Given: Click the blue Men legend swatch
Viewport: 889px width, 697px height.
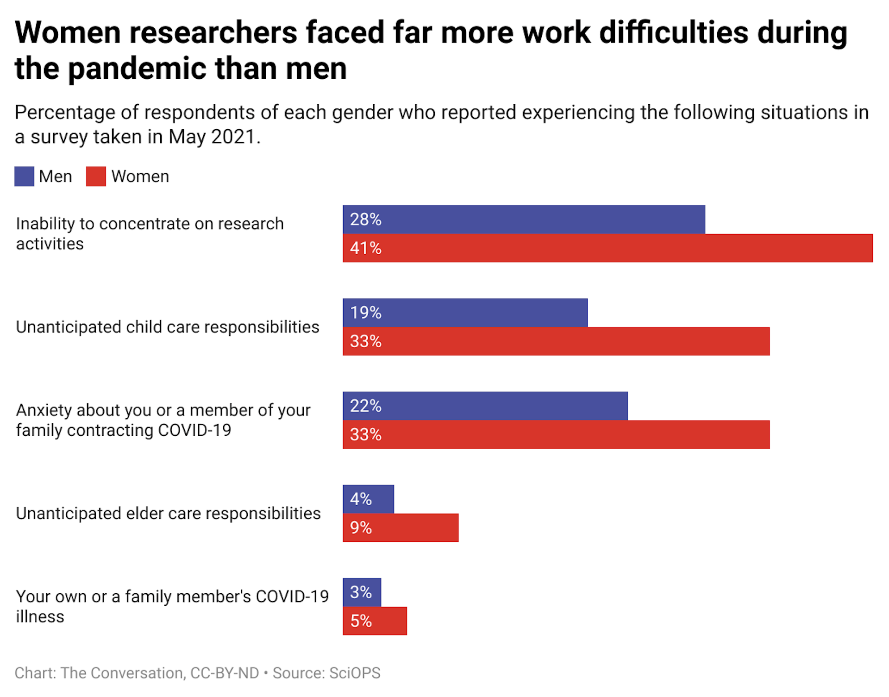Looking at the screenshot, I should pos(24,176).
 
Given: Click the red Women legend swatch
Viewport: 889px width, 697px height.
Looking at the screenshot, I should pos(96,176).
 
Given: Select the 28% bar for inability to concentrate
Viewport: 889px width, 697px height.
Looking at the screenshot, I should pos(523,220).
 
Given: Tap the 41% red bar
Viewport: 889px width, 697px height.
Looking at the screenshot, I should pos(607,248).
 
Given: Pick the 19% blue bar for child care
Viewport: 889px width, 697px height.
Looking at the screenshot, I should pos(465,313).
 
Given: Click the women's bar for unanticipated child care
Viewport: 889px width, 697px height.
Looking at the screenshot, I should pos(556,341).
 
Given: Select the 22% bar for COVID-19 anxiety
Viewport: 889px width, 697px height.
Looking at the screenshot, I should pos(485,406).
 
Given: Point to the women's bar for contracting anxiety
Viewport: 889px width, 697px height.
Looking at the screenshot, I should pos(556,434).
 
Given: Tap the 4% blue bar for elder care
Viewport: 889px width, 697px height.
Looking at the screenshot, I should pos(368,499).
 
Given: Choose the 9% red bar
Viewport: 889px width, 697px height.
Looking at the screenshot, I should pos(401,527).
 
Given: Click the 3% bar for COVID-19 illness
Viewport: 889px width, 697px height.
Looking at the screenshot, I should pos(362,592).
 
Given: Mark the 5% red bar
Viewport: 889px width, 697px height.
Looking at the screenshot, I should pos(375,621).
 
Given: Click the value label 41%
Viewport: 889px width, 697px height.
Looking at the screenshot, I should pos(365,248).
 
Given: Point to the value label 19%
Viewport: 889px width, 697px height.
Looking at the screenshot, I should pos(365,313).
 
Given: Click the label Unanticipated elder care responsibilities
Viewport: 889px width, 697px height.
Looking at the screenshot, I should pos(168,513).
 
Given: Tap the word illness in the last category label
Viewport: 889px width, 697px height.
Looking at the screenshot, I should pos(40,617).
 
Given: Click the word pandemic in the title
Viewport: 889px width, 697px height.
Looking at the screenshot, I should pos(138,69).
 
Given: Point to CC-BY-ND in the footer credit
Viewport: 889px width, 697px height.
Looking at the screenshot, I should pos(225,673).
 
